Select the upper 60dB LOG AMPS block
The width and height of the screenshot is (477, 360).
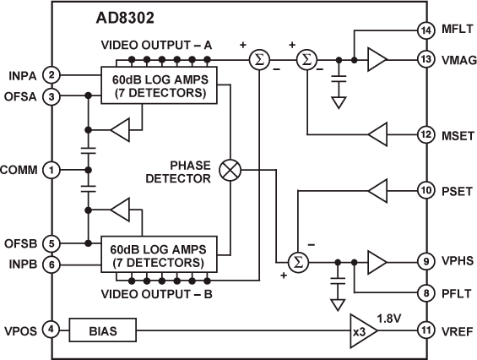click(160, 85)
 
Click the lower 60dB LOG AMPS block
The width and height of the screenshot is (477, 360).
click(160, 255)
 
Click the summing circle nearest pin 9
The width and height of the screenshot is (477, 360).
click(296, 262)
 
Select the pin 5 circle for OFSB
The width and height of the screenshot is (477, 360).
click(51, 243)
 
